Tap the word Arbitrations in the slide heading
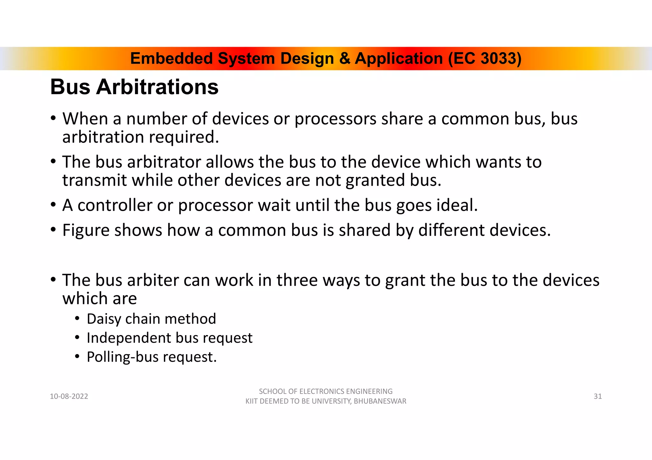click(x=157, y=87)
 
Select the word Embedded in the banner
click(x=171, y=59)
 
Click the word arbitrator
click(x=164, y=162)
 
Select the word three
click(x=297, y=280)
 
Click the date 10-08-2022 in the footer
click(x=69, y=396)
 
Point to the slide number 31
click(x=598, y=396)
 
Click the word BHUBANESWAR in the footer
click(x=380, y=401)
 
